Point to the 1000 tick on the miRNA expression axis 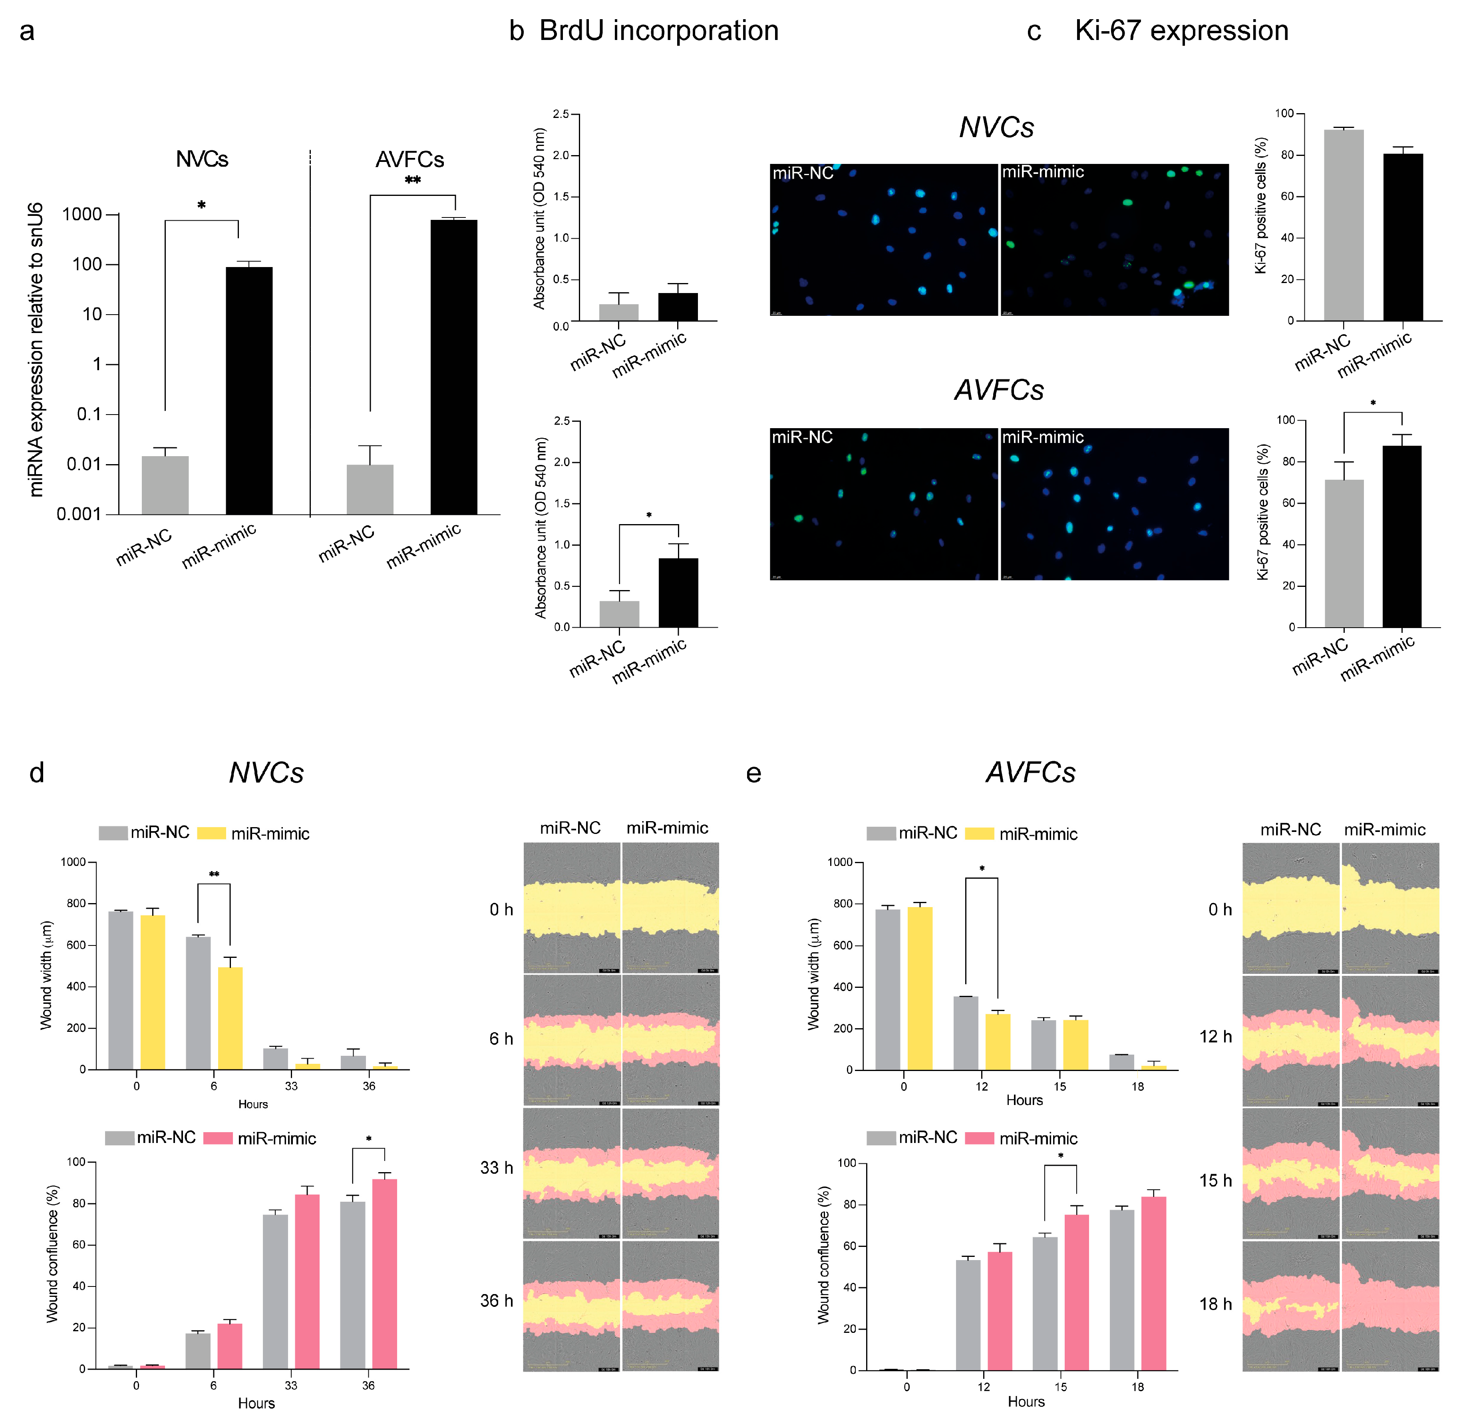tap(82, 215)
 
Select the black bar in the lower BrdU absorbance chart tap(678, 593)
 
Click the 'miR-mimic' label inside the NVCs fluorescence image tap(1043, 172)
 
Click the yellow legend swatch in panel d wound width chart tap(212, 833)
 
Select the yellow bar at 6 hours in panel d tap(231, 1018)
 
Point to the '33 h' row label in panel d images tap(497, 1168)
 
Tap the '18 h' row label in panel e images tap(1216, 1304)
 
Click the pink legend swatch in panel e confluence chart tap(980, 1138)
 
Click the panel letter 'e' tap(753, 774)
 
